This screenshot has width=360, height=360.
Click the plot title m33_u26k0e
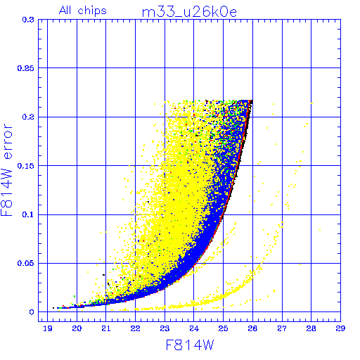(x=189, y=12)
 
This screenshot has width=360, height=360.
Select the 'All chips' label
(x=83, y=11)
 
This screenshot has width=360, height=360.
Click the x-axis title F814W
(x=190, y=345)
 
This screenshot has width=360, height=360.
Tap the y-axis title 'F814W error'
(x=6, y=169)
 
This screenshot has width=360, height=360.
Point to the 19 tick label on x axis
(x=48, y=328)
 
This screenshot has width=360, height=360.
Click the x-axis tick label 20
(x=77, y=328)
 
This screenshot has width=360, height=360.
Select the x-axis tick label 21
(x=106, y=328)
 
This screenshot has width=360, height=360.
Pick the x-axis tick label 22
(x=135, y=328)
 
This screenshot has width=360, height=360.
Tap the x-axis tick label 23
(x=165, y=328)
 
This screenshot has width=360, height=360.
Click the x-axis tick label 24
(x=194, y=328)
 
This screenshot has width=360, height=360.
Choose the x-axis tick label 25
(x=223, y=328)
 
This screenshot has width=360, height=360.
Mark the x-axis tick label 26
(x=252, y=328)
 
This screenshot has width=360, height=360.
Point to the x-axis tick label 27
(x=282, y=328)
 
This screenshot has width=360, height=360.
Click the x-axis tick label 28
(x=311, y=328)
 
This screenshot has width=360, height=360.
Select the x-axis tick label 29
(x=340, y=328)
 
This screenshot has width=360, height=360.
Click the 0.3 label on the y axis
(x=28, y=20)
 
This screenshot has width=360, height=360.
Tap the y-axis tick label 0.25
(x=26, y=68)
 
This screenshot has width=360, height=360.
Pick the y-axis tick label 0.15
(x=26, y=166)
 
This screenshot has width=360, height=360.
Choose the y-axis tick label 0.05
(x=26, y=263)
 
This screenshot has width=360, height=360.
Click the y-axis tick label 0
(x=32, y=312)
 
